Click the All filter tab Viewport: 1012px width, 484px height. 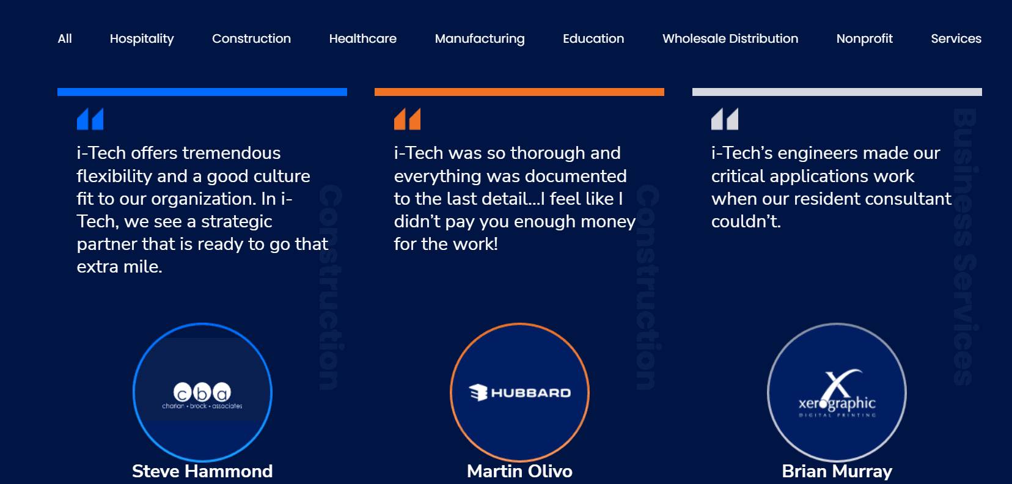[65, 38]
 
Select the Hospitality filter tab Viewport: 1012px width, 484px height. [142, 38]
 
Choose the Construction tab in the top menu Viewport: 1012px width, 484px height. [251, 38]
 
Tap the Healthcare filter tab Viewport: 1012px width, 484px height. [362, 38]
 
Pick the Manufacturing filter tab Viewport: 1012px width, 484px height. [480, 38]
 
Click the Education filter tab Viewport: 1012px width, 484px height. [593, 38]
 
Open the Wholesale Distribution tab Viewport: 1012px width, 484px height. [730, 38]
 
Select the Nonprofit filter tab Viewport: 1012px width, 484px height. [864, 38]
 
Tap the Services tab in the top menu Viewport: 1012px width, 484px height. [956, 38]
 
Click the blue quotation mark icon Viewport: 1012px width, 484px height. [90, 119]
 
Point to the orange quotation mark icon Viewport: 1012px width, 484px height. [408, 119]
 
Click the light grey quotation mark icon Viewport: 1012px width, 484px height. [725, 119]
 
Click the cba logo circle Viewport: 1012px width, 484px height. [202, 392]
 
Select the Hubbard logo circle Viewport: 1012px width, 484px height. [519, 392]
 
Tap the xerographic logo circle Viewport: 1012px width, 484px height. [837, 392]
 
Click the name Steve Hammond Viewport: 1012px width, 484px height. [202, 471]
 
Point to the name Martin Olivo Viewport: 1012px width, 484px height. [519, 471]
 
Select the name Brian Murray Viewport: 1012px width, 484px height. [837, 471]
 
